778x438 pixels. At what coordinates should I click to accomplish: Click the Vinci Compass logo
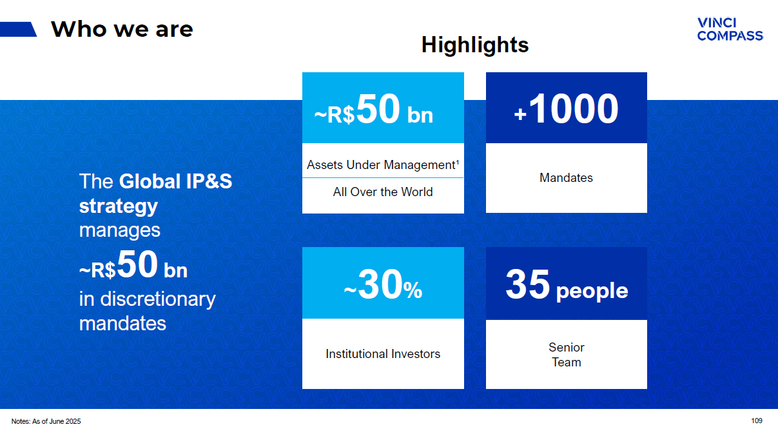730,29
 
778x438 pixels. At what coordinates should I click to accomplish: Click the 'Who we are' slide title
122,29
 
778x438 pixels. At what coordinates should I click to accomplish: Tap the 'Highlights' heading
475,45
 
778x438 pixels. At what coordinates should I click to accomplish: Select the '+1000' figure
566,109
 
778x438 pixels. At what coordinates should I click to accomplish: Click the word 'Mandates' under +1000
566,177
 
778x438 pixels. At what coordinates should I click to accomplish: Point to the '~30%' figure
383,284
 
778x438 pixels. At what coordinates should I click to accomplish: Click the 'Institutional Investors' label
383,354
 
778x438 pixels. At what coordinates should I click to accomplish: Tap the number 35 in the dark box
527,284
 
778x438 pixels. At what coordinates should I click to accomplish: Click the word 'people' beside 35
592,291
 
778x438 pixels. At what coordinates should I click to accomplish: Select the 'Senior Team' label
567,355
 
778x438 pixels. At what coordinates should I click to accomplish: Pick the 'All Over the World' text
383,192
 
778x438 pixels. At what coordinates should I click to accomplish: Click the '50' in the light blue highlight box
378,109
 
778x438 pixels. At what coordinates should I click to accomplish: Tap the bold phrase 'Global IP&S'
175,181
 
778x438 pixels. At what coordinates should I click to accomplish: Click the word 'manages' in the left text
120,230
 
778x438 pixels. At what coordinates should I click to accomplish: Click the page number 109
757,421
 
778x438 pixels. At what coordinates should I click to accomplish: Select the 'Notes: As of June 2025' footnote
46,421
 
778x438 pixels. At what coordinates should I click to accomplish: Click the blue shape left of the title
18,29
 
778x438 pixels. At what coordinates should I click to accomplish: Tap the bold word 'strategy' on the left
119,206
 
